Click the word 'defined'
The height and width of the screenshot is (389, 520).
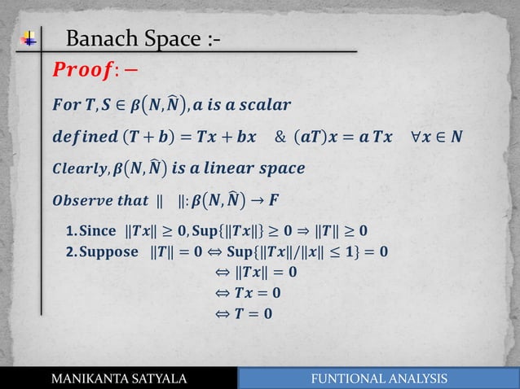pyautogui.click(x=84, y=136)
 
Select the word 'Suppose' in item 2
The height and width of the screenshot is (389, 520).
pyautogui.click(x=109, y=251)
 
